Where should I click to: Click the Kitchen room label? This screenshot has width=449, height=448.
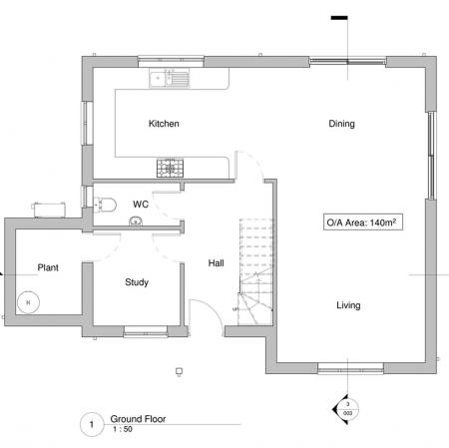click(164, 124)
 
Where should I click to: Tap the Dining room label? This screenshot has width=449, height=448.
click(342, 124)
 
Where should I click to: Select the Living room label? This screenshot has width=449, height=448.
click(347, 305)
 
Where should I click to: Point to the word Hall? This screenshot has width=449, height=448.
click(216, 263)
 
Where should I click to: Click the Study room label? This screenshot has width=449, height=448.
click(137, 282)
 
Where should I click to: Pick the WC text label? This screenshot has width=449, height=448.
click(141, 204)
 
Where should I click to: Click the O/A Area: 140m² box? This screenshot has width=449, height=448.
click(351, 222)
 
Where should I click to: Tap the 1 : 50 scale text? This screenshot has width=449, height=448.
click(121, 430)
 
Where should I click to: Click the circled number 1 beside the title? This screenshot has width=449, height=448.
click(91, 425)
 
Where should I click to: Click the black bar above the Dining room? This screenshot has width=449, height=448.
click(338, 17)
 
